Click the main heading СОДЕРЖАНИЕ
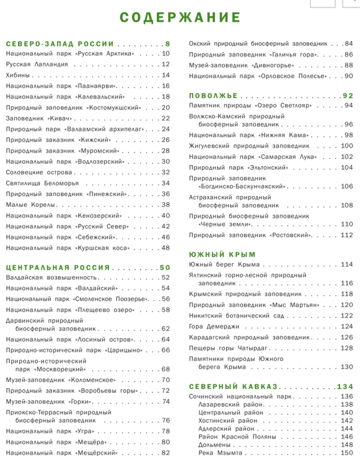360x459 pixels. tap(180, 17)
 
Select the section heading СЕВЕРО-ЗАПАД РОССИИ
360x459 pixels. tap(60, 44)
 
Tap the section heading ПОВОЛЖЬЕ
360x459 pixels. tap(213, 96)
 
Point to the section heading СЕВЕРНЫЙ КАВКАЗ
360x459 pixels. tap(233, 386)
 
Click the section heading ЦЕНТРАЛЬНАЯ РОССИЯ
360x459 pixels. tap(58, 268)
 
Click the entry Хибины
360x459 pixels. tap(18, 76)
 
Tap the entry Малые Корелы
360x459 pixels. tap(28, 205)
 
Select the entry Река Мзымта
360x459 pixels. tap(221, 453)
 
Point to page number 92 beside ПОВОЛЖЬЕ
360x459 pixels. tap(347, 96)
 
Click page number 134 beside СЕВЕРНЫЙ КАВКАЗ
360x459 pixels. tap(345, 386)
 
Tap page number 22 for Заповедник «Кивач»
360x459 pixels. tap(165, 118)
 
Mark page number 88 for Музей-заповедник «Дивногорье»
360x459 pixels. tap(348, 65)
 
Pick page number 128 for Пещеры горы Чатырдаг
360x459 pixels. tap(346, 348)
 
